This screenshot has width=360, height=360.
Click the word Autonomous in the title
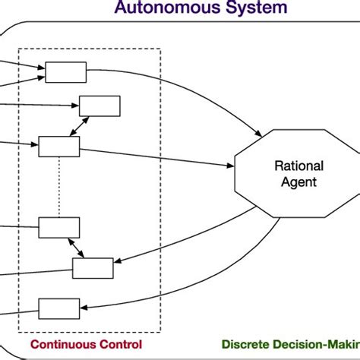162,9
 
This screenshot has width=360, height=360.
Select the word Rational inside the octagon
298,166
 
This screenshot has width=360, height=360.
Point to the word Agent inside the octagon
298,182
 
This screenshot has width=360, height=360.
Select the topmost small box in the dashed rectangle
66,72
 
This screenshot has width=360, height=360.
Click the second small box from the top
99,106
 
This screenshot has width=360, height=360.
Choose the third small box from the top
59,147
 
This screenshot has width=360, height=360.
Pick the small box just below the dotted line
59,227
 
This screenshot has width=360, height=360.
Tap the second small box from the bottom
93,267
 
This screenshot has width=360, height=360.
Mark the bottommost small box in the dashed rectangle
59,308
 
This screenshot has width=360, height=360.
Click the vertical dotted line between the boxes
59,187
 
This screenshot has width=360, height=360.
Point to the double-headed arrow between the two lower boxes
77,248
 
